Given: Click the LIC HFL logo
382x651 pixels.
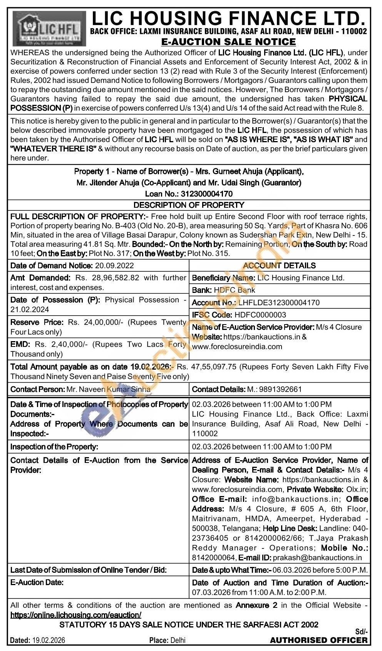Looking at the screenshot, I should click(49, 29).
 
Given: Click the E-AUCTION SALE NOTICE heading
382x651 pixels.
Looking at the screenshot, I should click(228, 42).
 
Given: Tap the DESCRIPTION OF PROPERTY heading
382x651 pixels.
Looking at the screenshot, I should click(189, 205).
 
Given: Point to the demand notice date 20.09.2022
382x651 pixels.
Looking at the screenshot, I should click(114, 266).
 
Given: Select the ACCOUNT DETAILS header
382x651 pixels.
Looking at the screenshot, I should click(279, 266).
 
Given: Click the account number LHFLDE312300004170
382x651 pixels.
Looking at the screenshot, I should click(279, 303).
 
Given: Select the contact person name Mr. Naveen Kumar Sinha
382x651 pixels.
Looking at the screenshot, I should click(108, 389).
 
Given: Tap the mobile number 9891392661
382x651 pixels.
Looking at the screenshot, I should click(280, 389).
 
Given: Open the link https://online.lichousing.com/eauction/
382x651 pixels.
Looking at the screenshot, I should click(76, 615).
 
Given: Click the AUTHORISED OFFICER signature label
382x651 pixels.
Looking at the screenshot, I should click(319, 640).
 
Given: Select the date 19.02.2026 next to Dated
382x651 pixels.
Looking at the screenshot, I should click(49, 640).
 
